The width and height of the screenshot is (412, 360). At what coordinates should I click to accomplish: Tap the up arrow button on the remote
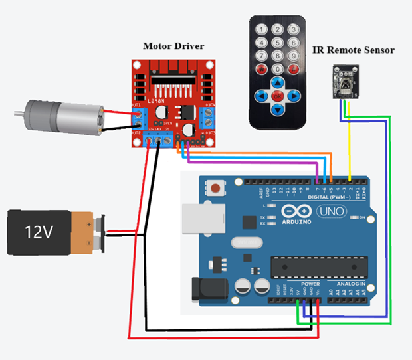pyautogui.click(x=277, y=82)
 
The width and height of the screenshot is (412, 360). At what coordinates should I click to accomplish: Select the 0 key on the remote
pyautogui.click(x=277, y=68)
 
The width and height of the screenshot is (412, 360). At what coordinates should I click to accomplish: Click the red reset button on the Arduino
pyautogui.click(x=215, y=188)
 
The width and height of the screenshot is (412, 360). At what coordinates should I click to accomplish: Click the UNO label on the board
pyautogui.click(x=330, y=211)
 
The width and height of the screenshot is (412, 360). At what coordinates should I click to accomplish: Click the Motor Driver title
pyautogui.click(x=173, y=46)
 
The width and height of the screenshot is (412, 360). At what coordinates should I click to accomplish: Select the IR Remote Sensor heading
pyautogui.click(x=353, y=50)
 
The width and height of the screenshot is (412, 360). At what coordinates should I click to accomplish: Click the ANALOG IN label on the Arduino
pyautogui.click(x=347, y=284)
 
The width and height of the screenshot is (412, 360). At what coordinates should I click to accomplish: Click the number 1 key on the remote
pyautogui.click(x=262, y=29)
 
